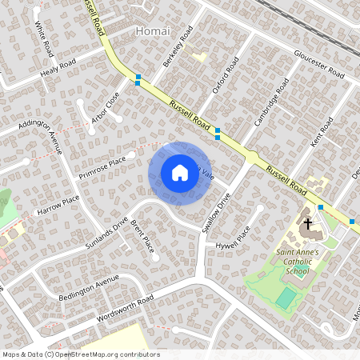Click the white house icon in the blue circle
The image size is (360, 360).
coord(180,173)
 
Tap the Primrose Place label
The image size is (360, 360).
coord(102,167)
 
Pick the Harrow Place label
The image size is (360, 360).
coord(58,206)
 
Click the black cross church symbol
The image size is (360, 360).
coord(306,225)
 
